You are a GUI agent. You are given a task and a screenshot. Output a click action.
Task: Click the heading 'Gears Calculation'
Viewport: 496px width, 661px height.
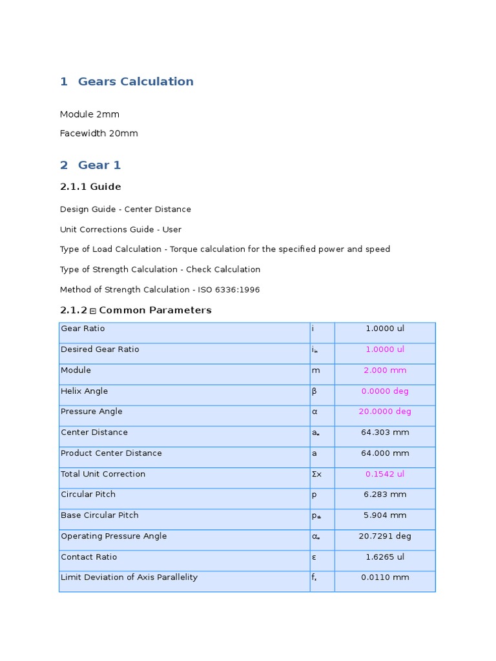click(136, 81)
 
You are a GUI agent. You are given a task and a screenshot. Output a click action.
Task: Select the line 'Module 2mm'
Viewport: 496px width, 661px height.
click(90, 114)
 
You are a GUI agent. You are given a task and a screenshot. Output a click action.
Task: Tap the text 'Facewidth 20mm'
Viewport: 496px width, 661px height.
click(99, 134)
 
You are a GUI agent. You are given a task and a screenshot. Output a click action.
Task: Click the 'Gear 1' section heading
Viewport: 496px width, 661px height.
click(99, 165)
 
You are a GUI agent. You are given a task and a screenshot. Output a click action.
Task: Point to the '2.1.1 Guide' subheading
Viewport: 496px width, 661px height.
click(90, 187)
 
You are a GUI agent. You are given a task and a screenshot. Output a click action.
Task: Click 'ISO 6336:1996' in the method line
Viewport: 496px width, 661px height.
click(232, 290)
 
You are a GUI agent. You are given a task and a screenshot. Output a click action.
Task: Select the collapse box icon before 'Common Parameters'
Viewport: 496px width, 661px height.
click(93, 311)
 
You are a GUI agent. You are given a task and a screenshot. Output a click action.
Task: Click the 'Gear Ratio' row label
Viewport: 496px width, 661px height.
click(83, 329)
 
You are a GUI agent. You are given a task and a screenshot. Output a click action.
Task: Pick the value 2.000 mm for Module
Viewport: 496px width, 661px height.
click(385, 371)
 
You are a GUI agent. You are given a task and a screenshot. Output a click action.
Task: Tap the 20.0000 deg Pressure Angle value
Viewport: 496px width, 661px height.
click(385, 412)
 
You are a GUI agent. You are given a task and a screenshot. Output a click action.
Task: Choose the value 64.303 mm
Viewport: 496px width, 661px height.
click(385, 432)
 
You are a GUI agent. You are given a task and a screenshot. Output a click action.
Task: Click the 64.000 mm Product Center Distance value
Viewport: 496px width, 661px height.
click(385, 453)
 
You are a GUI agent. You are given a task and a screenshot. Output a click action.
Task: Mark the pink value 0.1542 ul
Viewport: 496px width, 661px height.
click(385, 474)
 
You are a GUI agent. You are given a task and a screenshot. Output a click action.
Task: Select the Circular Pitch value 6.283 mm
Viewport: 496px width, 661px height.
click(385, 494)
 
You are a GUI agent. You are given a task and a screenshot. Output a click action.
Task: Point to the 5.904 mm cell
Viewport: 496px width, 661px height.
click(385, 515)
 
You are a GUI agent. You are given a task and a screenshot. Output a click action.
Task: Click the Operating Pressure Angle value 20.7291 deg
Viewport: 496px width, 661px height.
click(385, 536)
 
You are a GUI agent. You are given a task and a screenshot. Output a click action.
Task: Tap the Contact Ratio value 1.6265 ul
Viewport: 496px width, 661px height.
click(385, 556)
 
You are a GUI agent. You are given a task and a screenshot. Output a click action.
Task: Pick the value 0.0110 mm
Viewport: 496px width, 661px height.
click(385, 577)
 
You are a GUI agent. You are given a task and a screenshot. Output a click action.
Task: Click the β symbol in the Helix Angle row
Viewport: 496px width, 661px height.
click(315, 391)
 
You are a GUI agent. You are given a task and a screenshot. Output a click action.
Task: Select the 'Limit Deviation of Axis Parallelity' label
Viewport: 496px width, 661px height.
click(129, 577)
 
